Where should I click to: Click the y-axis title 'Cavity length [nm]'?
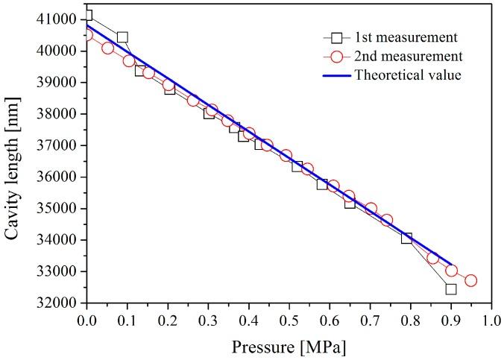coord(13,160)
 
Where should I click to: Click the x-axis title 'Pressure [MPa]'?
coord(289,347)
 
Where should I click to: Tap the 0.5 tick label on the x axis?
coord(289,323)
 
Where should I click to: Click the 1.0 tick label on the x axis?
coord(491,323)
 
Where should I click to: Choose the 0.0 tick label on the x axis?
coord(87,323)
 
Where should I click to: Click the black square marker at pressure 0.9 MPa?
coord(450,288)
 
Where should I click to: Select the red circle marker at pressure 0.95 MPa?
coord(470,281)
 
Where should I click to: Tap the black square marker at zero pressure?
coord(87,16)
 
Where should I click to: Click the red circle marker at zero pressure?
coord(87,34)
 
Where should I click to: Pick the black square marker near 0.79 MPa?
coord(406,239)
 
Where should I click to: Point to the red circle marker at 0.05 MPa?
coord(107,48)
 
